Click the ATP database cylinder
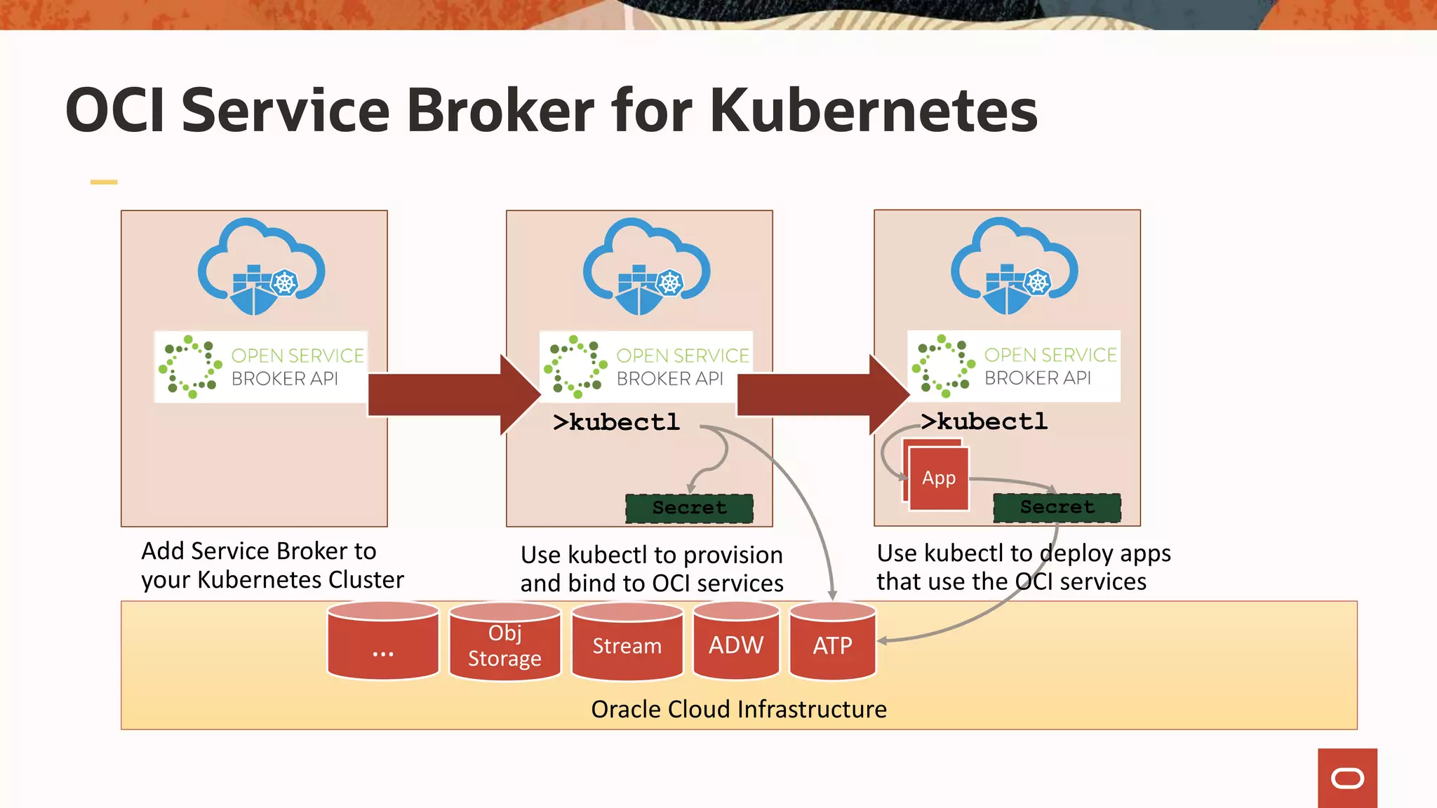(x=832, y=644)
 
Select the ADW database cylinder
(x=736, y=644)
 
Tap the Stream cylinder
(x=627, y=644)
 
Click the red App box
(x=939, y=478)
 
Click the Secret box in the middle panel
(x=689, y=508)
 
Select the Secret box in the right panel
(x=1057, y=507)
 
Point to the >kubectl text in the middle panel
(x=616, y=422)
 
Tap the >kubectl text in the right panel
(x=984, y=422)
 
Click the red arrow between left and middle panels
(x=453, y=395)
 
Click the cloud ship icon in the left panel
(x=261, y=267)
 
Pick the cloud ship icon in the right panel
(x=1014, y=267)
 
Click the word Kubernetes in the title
(x=873, y=110)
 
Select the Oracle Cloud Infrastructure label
(x=738, y=709)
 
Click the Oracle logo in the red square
(x=1347, y=778)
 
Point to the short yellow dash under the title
(x=104, y=182)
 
